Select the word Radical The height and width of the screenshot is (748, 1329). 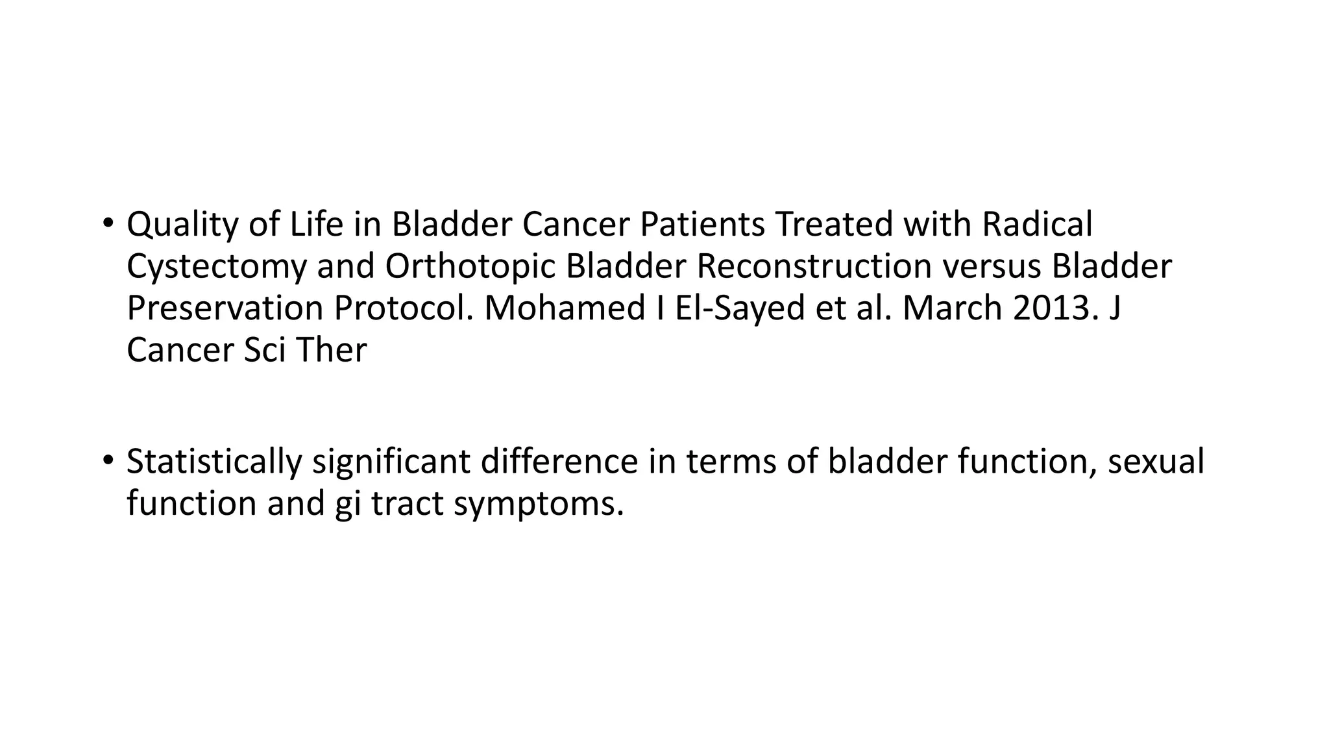click(x=1038, y=224)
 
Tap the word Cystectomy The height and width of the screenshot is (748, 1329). click(x=216, y=267)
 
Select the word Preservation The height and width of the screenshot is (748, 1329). click(x=225, y=308)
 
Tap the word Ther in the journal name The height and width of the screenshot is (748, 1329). click(x=332, y=350)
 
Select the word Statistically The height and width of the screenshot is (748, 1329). click(x=214, y=462)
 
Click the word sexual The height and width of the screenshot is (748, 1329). click(x=1155, y=461)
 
